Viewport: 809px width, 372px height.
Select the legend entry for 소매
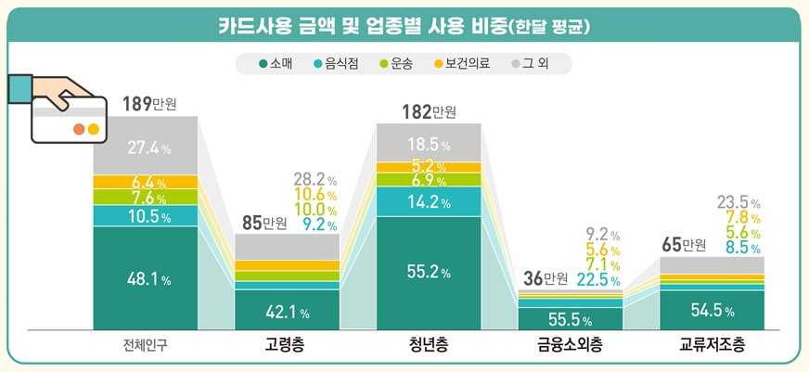(x=276, y=64)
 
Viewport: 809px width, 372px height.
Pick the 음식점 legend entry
(x=338, y=64)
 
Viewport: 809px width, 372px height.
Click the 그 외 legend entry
(x=535, y=64)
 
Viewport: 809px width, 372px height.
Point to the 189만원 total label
(x=148, y=102)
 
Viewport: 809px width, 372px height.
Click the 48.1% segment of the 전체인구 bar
(x=146, y=276)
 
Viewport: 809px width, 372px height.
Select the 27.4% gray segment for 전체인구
(x=146, y=147)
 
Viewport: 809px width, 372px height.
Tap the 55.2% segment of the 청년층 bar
(x=429, y=273)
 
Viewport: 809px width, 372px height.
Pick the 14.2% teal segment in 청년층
(x=429, y=201)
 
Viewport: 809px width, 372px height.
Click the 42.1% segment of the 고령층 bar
(x=287, y=311)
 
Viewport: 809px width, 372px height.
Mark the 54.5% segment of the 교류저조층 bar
(x=712, y=310)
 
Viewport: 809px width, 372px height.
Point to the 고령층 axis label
(x=285, y=347)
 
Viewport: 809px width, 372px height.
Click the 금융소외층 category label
(x=569, y=347)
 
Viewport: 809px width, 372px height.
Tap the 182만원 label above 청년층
(x=430, y=112)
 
